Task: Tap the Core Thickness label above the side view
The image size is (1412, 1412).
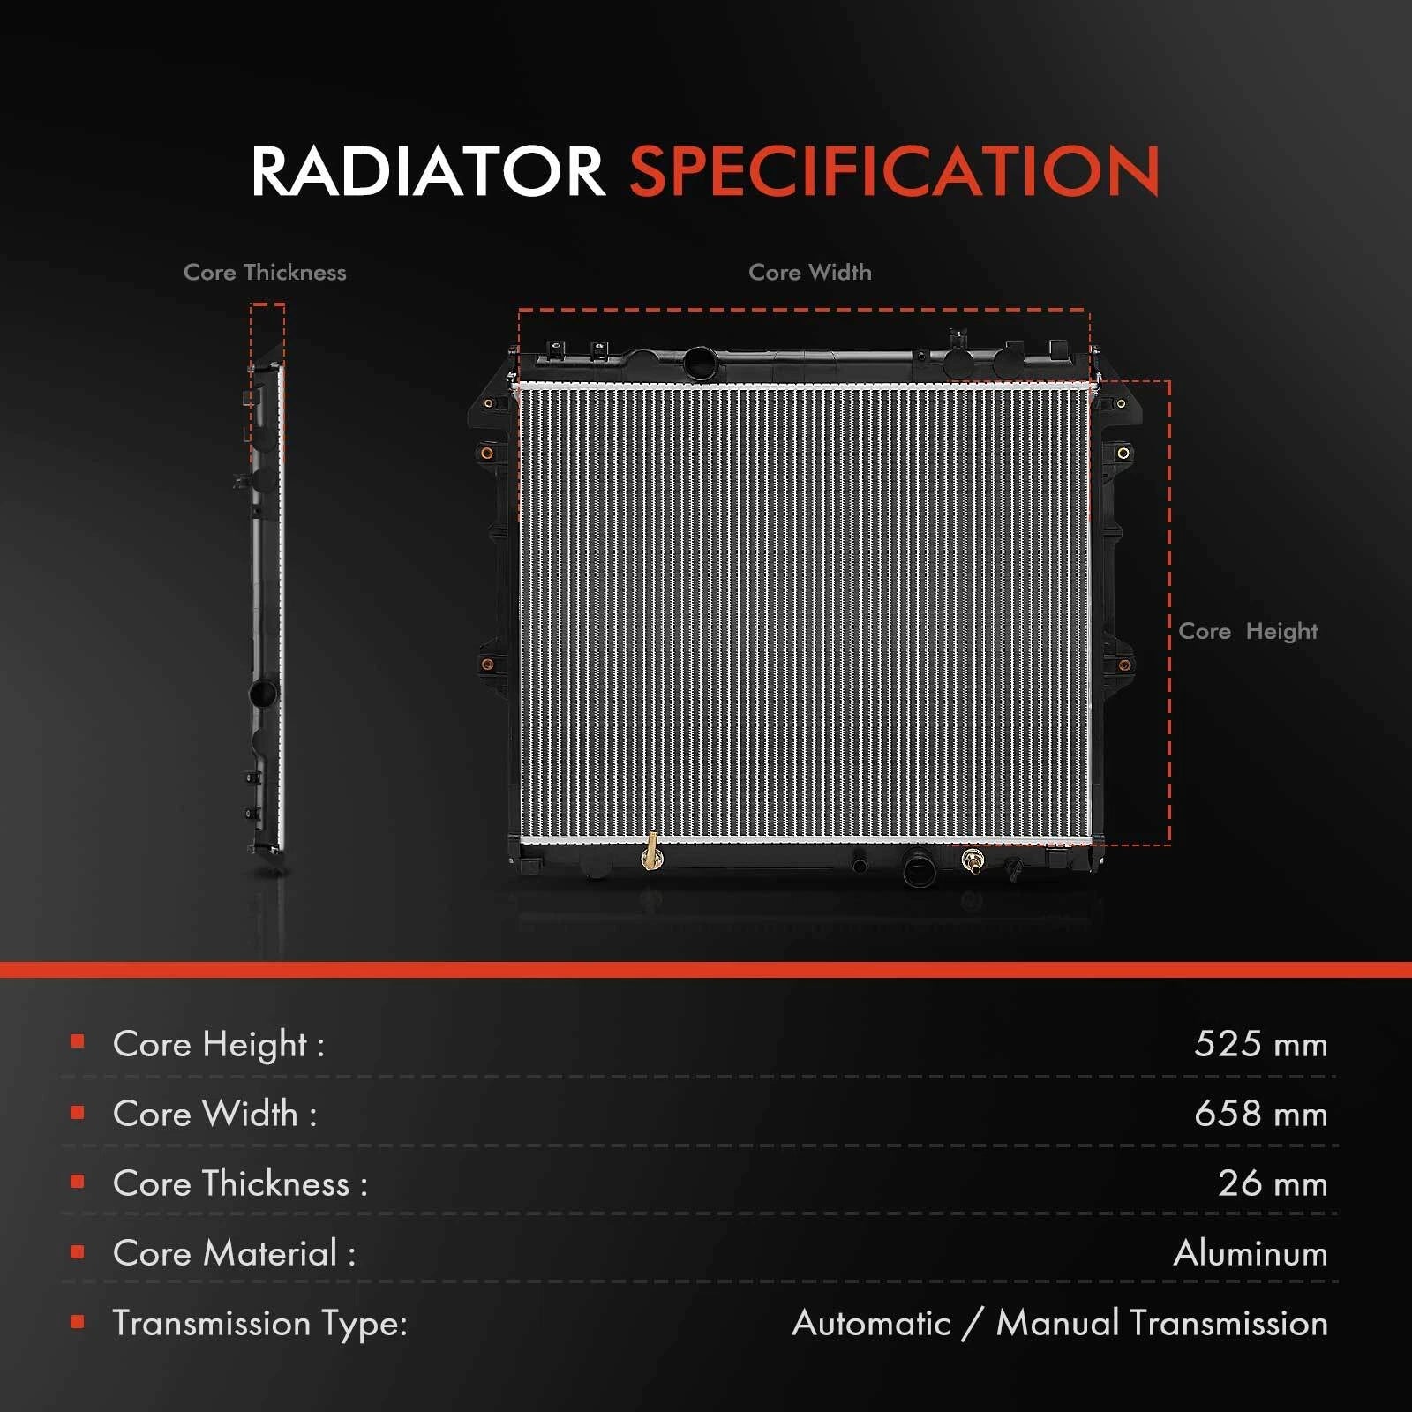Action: click(x=265, y=272)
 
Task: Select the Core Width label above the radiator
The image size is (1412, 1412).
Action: click(x=810, y=272)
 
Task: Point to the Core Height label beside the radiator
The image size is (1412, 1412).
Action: click(x=1248, y=632)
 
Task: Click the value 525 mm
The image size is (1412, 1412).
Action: click(x=1260, y=1044)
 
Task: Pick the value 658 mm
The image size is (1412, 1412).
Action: click(x=1260, y=1114)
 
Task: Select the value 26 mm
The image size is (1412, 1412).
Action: click(x=1273, y=1183)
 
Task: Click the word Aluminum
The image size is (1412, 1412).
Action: click(x=1251, y=1253)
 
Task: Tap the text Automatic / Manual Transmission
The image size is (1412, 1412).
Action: click(x=1060, y=1323)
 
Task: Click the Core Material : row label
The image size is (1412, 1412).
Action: click(x=234, y=1253)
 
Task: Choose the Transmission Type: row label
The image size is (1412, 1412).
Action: click(x=259, y=1324)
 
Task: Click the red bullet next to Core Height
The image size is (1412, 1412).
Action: click(x=78, y=1042)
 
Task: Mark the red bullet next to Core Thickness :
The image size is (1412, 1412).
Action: click(x=78, y=1182)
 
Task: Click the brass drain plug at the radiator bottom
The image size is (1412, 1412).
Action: click(x=652, y=852)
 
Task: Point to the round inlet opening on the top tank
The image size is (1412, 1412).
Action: click(x=701, y=363)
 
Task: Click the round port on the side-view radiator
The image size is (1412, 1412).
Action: click(x=264, y=693)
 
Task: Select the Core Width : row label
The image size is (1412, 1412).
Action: click(x=214, y=1114)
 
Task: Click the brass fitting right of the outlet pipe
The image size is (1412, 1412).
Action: click(x=973, y=860)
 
